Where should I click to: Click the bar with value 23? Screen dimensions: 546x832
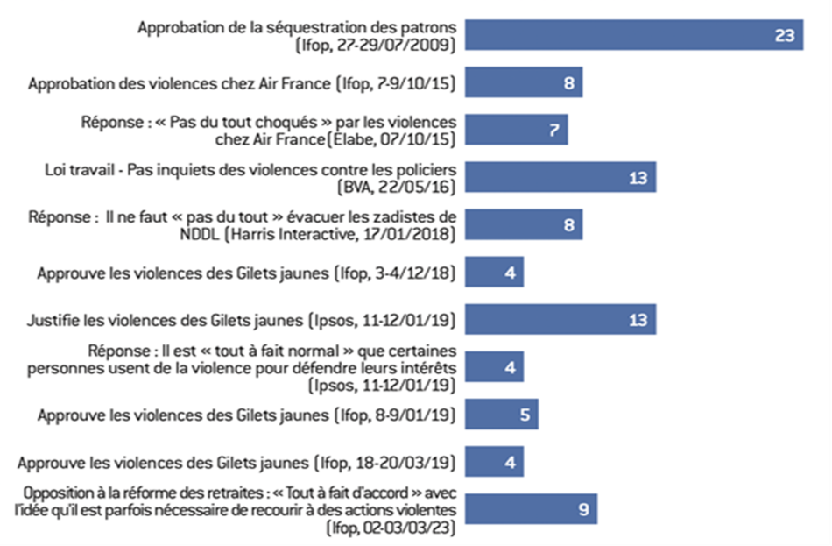(633, 35)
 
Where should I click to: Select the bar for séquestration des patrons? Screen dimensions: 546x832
(613, 35)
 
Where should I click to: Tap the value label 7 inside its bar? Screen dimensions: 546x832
(553, 130)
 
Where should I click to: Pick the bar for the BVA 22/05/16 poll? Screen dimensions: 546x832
(560, 177)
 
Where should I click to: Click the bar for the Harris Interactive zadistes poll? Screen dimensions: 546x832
(523, 224)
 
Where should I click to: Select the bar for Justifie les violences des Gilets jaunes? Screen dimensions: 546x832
(560, 320)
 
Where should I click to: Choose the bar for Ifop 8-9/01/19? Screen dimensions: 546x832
(501, 414)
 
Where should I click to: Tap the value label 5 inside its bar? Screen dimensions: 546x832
(525, 414)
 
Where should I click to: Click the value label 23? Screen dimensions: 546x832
(784, 35)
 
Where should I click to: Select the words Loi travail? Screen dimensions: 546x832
(77, 169)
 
